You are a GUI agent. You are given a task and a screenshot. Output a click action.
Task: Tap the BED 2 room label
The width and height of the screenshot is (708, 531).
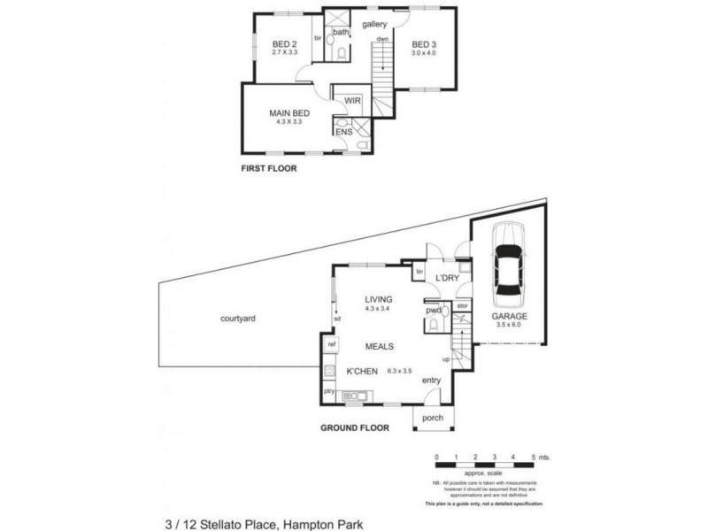pos(284,44)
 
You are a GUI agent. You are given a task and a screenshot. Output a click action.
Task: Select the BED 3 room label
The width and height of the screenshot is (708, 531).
pos(424,44)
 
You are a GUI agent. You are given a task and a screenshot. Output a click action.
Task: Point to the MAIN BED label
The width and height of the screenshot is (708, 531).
pos(289,113)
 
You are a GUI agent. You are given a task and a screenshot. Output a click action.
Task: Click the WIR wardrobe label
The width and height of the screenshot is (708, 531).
pos(351,100)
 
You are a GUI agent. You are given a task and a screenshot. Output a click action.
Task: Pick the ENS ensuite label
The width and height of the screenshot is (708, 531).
pos(343,132)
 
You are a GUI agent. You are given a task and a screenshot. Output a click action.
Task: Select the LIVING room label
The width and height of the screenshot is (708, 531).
pos(378,300)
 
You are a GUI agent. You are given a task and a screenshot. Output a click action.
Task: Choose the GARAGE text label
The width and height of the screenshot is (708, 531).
pos(510,316)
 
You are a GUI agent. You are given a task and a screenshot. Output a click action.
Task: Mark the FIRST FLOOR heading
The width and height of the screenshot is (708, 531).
pos(269,168)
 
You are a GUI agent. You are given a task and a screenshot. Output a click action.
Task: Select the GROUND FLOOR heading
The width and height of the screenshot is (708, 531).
pos(355,427)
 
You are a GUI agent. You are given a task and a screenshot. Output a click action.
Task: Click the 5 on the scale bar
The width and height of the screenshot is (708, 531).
pos(534,458)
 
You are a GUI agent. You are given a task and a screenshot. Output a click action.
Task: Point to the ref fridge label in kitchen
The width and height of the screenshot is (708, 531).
pos(331,343)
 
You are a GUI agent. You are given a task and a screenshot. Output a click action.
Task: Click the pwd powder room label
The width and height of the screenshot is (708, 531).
pos(433,311)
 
